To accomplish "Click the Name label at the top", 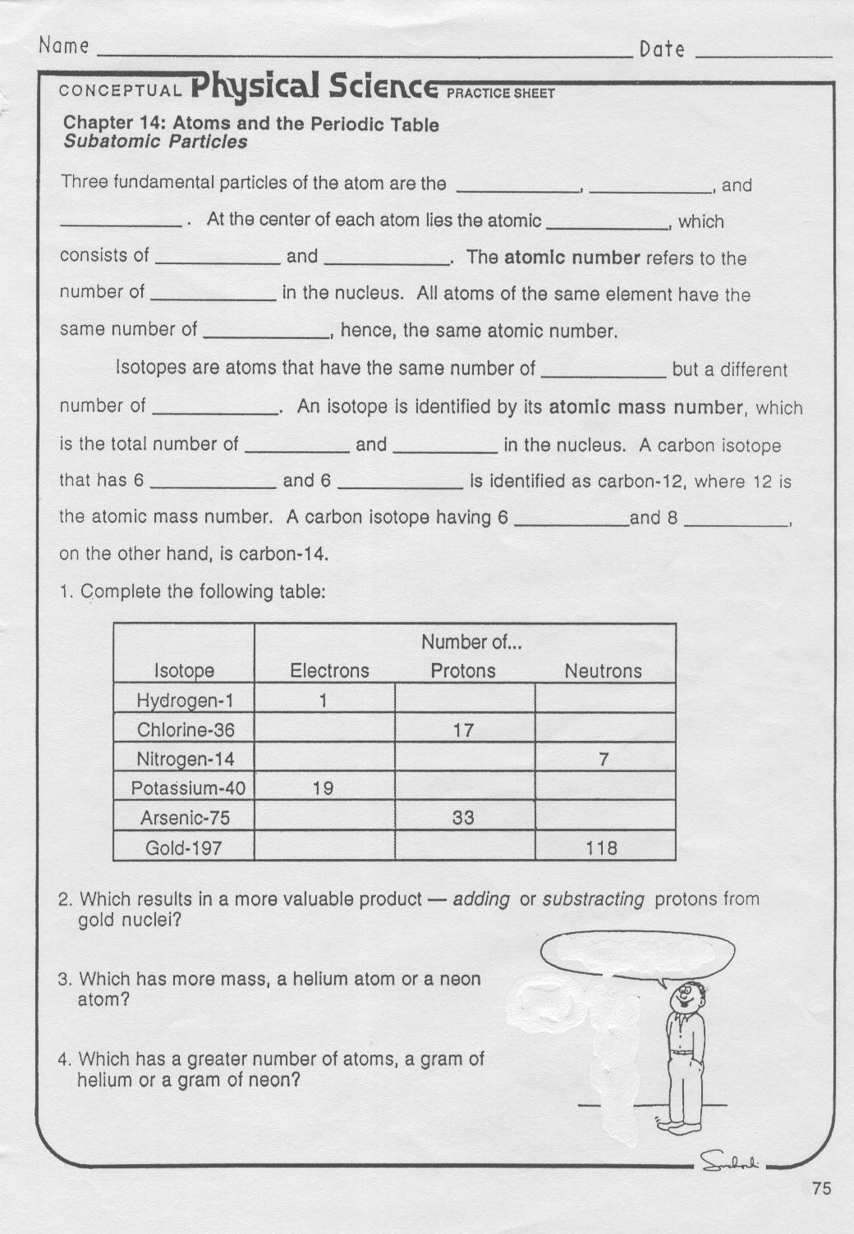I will (63, 46).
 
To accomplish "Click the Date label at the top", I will (662, 49).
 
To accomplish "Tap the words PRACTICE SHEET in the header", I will (500, 93).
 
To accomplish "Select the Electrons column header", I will (329, 671).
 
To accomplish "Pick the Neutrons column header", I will (603, 671).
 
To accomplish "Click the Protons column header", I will (463, 671).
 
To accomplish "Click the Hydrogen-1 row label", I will (185, 700).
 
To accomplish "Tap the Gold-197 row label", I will (184, 848).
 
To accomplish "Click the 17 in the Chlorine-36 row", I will (463, 730).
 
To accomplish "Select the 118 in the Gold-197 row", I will (602, 848).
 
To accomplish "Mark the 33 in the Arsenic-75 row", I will (463, 818).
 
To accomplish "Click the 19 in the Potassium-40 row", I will (323, 788).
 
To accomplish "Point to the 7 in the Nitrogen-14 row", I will (604, 760).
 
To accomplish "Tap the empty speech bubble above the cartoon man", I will (638, 953).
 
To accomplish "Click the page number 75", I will (820, 1188).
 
